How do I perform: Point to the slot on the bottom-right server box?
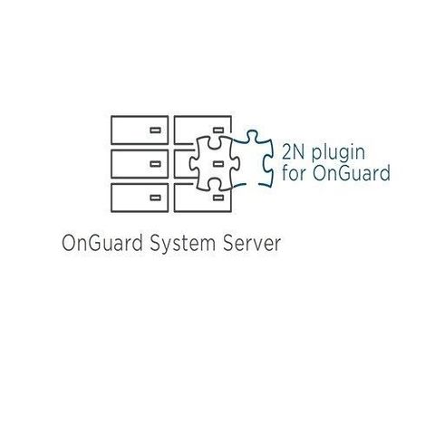point(217,198)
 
